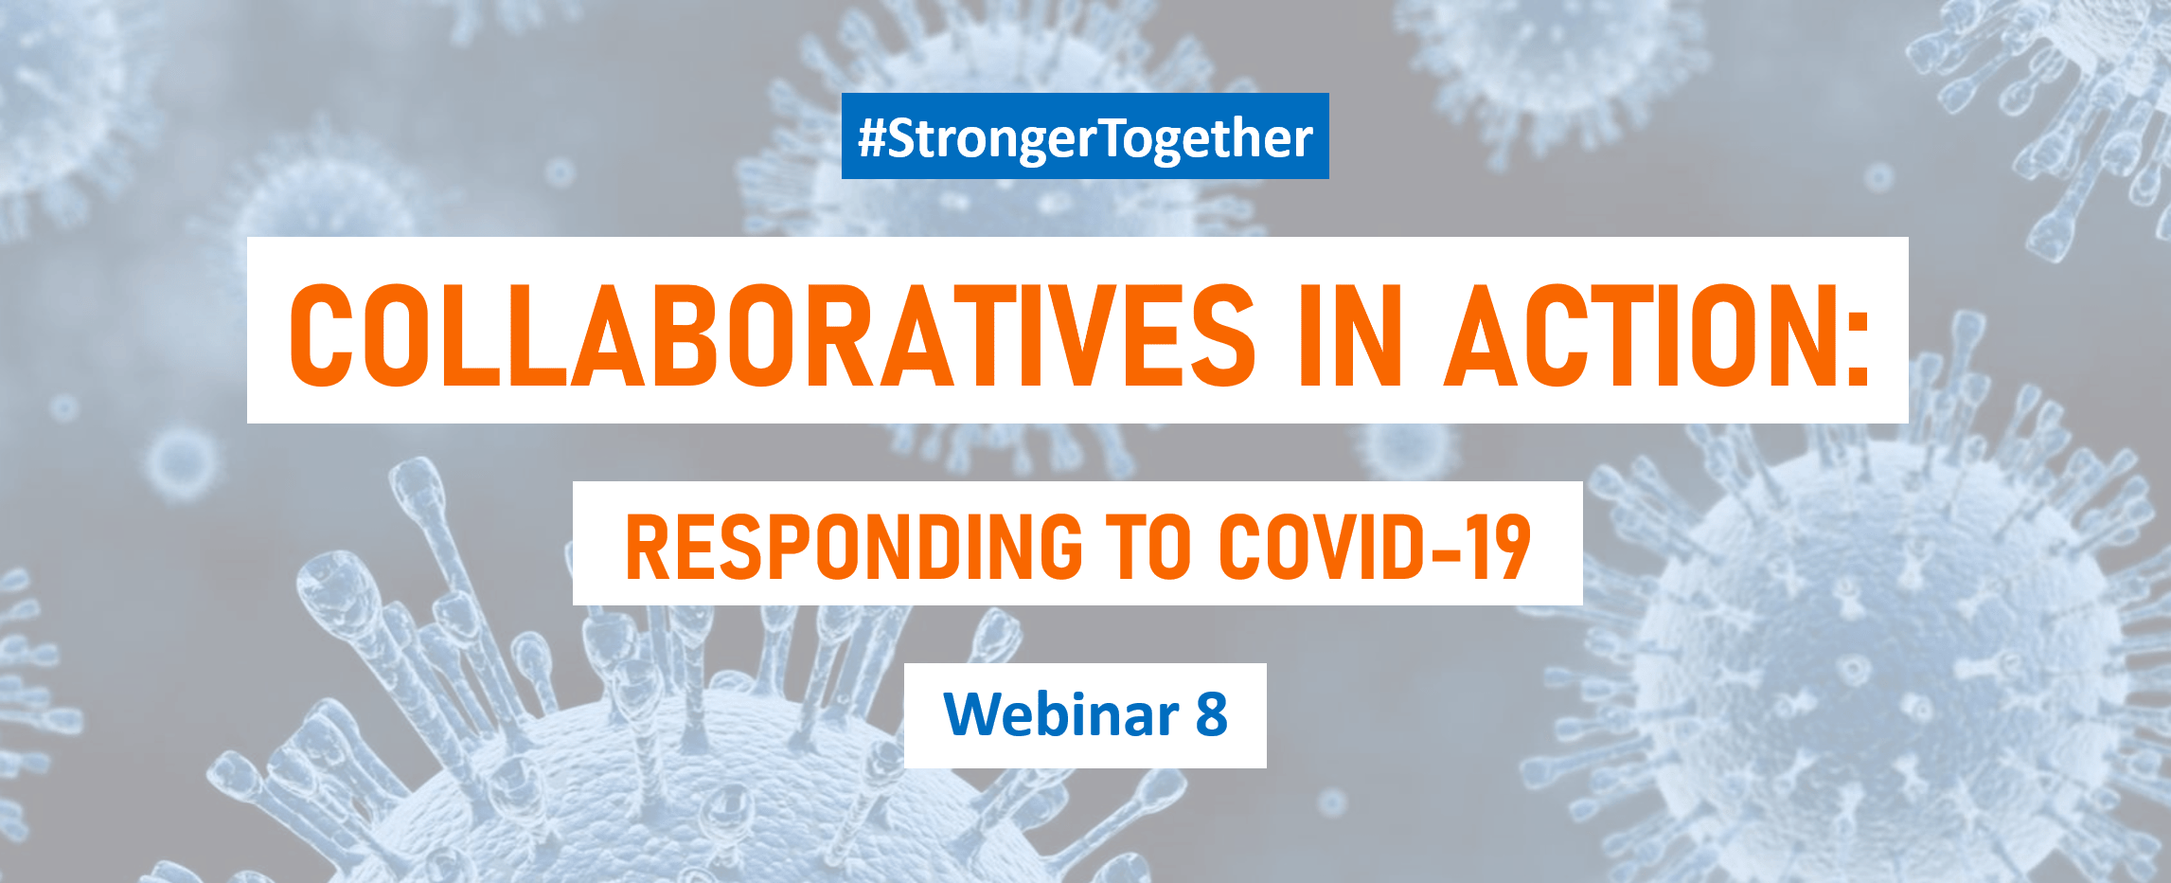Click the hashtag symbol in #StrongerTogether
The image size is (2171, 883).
871,138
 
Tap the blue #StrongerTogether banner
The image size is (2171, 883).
1085,135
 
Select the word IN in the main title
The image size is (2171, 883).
1351,335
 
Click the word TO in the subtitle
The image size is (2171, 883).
1148,547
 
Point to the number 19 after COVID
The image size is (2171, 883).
1498,547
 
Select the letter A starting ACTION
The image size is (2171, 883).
1483,335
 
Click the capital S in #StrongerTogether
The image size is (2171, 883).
899,138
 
